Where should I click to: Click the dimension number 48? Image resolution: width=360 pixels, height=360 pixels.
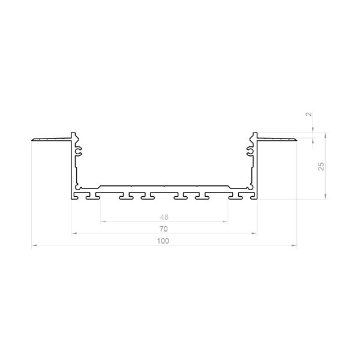point(164,217)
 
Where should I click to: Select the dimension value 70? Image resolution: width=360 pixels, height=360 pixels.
point(164,229)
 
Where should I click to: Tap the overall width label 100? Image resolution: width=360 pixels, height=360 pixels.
point(163,241)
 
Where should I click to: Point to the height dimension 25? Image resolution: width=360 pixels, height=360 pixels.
point(322,166)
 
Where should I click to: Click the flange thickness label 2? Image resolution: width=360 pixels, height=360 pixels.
point(310,113)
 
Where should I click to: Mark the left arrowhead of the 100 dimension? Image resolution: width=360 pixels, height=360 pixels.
point(34,245)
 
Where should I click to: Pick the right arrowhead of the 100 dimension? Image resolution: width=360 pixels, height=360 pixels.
point(294,245)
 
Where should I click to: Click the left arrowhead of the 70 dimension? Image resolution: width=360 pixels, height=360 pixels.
point(74,233)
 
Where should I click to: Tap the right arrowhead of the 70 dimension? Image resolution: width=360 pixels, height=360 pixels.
point(254,233)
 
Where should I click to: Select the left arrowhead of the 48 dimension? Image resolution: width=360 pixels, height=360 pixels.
point(104,221)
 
